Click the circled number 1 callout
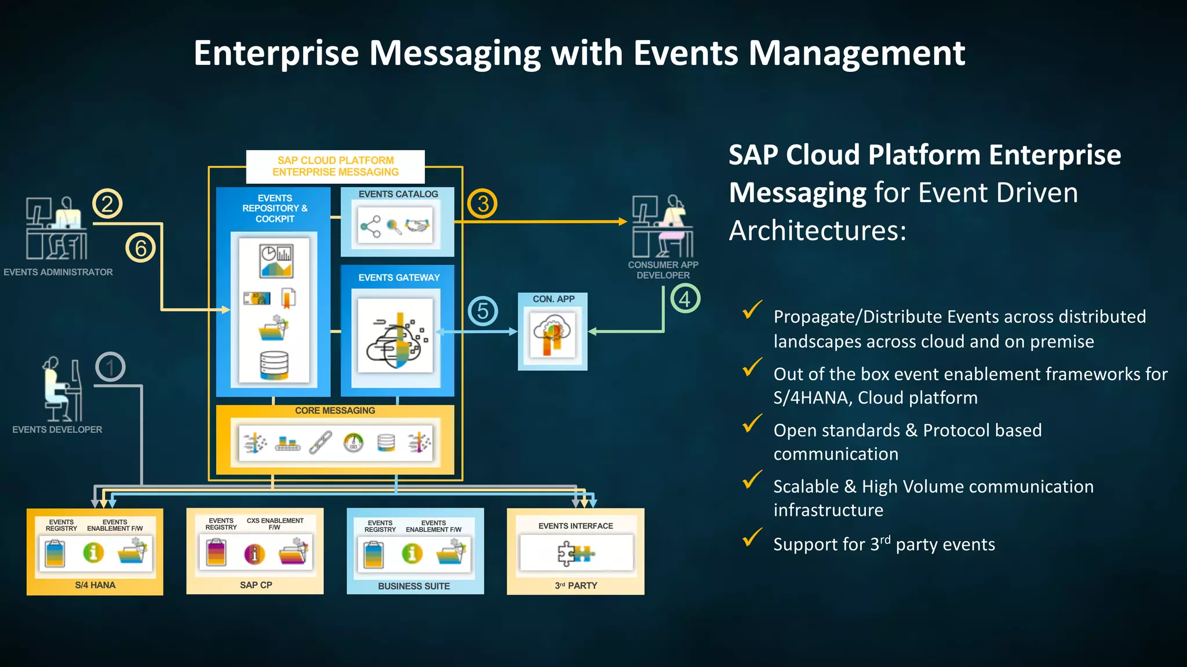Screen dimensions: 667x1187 tap(110, 367)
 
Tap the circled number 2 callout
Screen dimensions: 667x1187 tap(107, 203)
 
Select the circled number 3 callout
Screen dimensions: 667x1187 tap(482, 203)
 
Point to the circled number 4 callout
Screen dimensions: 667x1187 tap(685, 298)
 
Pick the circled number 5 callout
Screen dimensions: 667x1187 tap(483, 311)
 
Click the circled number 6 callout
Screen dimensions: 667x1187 tap(140, 248)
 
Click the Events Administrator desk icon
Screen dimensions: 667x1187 tap(57, 228)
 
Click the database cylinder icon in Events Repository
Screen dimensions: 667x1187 tap(274, 365)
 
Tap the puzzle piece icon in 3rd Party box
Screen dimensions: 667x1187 tap(575, 553)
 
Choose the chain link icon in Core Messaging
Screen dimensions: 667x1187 tap(321, 443)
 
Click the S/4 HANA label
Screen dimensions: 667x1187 tap(95, 585)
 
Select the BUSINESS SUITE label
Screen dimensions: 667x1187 tap(414, 586)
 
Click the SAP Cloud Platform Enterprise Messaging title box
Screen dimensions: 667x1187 tap(335, 166)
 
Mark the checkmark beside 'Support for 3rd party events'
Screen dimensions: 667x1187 tap(752, 538)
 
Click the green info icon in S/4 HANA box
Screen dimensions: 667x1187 tap(93, 552)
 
